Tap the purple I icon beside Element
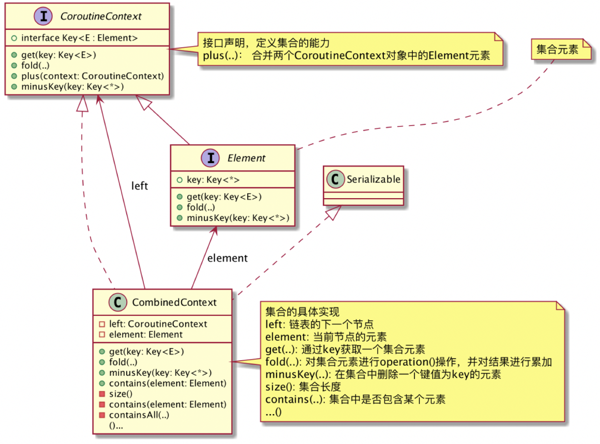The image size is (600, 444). [x=211, y=158]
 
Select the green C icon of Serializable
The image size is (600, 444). [x=334, y=179]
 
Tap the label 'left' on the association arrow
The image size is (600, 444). [x=139, y=186]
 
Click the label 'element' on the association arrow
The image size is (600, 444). [x=227, y=258]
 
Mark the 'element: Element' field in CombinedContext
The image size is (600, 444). [x=146, y=335]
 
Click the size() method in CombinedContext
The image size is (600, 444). [x=121, y=394]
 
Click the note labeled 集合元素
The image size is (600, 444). [x=557, y=49]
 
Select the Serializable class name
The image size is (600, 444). [x=373, y=179]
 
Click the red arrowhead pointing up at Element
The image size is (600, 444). [x=213, y=231]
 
